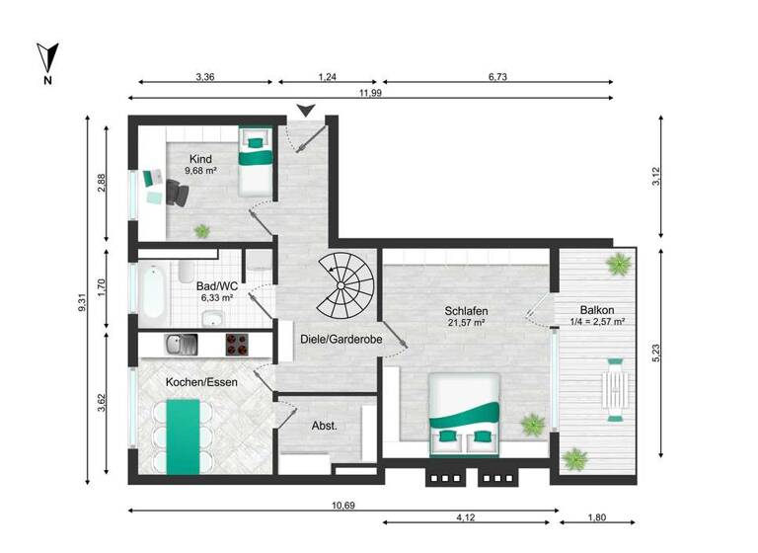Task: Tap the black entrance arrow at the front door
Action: [x=308, y=111]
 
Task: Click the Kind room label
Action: [x=200, y=158]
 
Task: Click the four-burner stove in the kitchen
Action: [x=237, y=345]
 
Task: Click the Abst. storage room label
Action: [x=325, y=427]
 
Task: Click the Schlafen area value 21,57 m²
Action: [x=466, y=323]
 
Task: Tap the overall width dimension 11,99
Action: [x=371, y=93]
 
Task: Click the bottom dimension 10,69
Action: [x=343, y=505]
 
